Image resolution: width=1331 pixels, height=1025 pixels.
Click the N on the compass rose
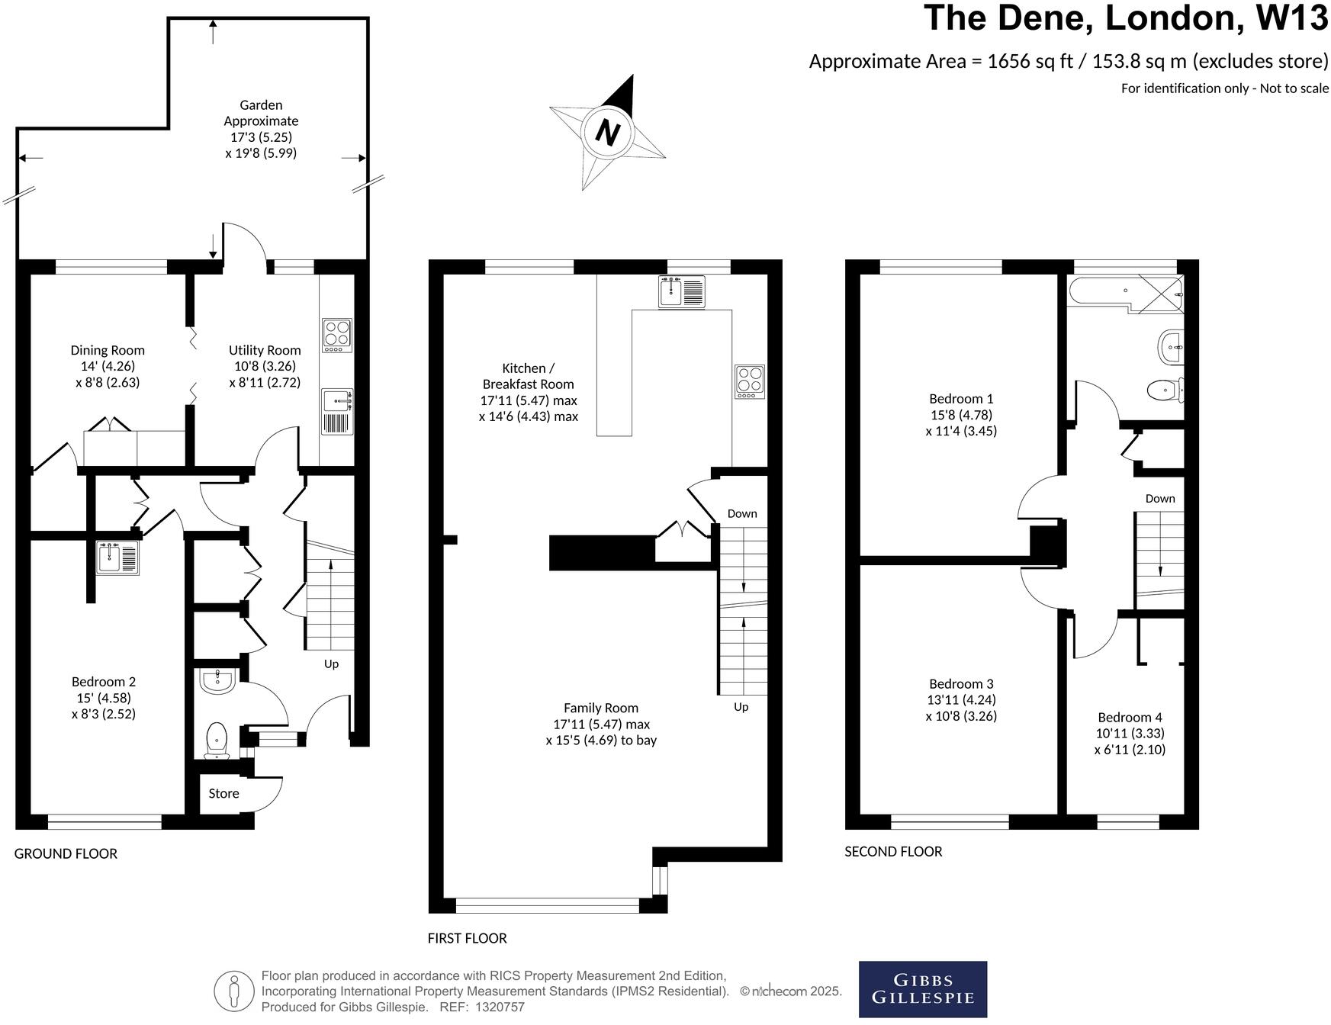[607, 133]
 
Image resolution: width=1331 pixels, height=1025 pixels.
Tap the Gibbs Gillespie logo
[922, 989]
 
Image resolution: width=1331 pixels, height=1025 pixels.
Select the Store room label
[223, 793]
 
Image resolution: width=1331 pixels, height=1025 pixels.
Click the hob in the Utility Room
[337, 335]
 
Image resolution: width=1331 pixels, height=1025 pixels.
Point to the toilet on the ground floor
[217, 741]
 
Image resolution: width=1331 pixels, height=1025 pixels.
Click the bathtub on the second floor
[1102, 291]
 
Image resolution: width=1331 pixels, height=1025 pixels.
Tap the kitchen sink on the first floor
[681, 291]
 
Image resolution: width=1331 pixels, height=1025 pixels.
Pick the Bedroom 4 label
[1129, 717]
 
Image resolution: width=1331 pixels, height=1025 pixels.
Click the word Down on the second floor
[1159, 498]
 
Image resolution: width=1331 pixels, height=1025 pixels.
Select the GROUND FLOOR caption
[66, 853]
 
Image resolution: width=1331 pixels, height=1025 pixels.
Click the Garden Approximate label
[261, 113]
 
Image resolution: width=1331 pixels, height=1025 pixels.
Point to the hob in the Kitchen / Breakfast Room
[749, 381]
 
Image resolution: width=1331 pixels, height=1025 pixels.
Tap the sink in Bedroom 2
[117, 557]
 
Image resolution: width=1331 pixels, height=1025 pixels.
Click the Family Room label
[600, 708]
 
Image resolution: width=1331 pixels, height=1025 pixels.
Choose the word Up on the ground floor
[331, 664]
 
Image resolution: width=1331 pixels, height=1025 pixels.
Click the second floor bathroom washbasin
[1171, 348]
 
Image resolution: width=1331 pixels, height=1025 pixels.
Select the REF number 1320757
[499, 1007]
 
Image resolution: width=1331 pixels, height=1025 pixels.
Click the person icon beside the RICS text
[234, 991]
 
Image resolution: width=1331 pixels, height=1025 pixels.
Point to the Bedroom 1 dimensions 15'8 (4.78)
[961, 414]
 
